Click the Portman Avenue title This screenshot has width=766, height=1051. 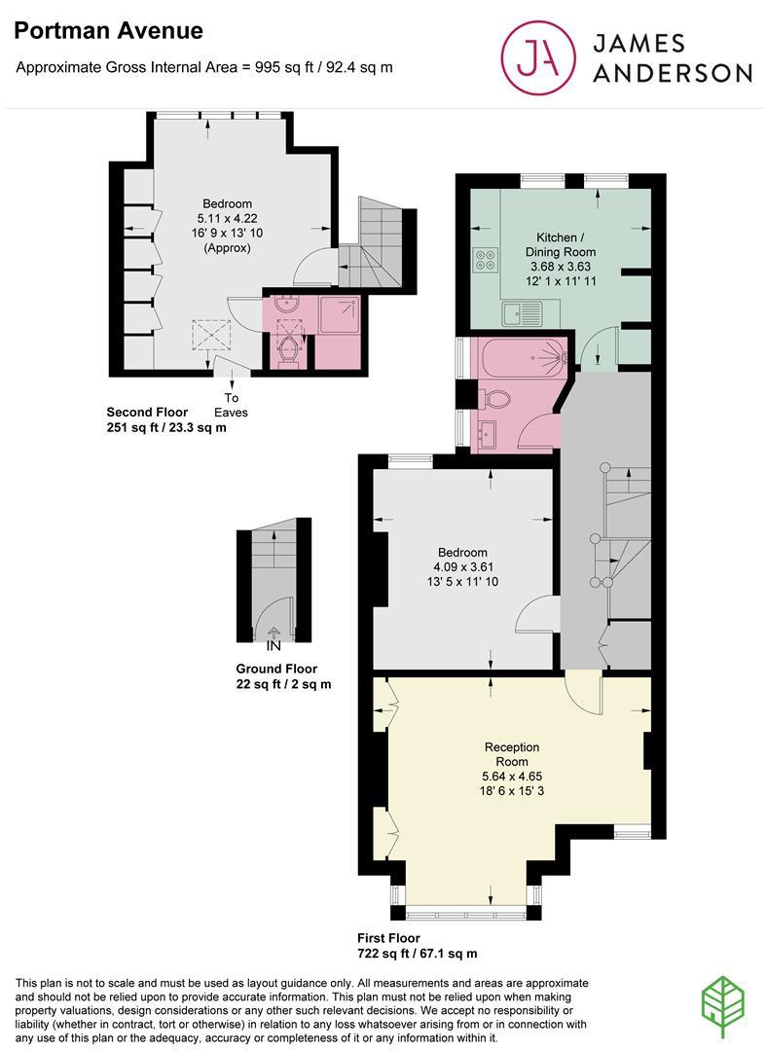point(109,31)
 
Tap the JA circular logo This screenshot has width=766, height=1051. point(538,57)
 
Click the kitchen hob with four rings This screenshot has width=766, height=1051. point(485,260)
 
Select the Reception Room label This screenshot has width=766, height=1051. point(512,754)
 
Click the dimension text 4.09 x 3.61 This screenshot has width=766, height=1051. point(462,567)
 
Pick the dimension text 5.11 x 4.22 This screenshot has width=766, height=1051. point(227,219)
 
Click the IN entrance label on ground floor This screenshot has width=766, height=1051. point(274,647)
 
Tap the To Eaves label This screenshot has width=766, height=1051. point(231,405)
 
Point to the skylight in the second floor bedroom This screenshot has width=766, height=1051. point(211,335)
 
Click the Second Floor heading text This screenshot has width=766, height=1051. point(147,413)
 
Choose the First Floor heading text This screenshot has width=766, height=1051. point(388,938)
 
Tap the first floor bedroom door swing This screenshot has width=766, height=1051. point(537,614)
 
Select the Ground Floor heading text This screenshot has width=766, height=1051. point(276,669)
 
